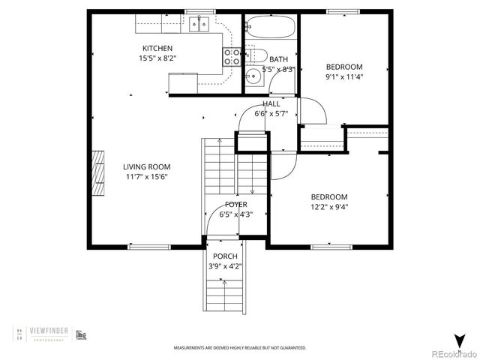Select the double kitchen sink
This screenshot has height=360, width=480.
(x=198, y=25)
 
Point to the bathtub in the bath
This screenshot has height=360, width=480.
(x=271, y=28)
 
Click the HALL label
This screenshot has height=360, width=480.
(x=271, y=104)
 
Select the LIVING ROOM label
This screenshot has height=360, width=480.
(x=146, y=166)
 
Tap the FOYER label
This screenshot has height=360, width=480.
(x=236, y=204)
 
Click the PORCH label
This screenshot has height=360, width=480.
(x=224, y=256)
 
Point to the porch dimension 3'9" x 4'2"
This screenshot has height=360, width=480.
(x=224, y=265)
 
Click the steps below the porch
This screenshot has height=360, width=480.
(x=224, y=292)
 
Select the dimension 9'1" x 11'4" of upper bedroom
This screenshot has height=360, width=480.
(x=343, y=75)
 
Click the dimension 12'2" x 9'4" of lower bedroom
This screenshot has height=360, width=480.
(x=329, y=207)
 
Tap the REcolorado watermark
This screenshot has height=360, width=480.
(x=450, y=353)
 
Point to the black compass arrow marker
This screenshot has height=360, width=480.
(x=458, y=339)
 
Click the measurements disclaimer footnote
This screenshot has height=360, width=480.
(x=240, y=348)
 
